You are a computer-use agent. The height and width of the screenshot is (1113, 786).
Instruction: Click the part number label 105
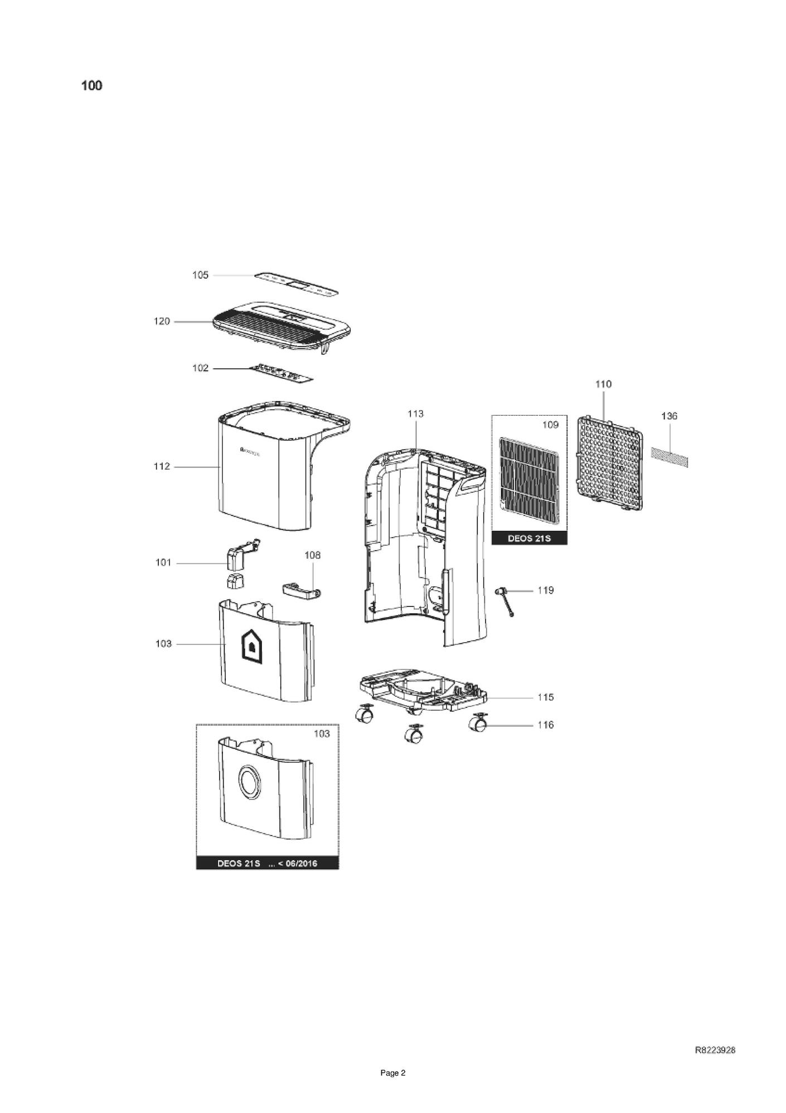[x=200, y=275]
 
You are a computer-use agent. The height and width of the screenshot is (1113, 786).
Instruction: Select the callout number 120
[x=162, y=321]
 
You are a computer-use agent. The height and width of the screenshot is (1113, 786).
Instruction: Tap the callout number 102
[x=200, y=368]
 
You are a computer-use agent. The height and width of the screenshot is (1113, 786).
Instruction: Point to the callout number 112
[x=162, y=466]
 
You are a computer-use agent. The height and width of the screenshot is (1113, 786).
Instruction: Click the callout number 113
[x=415, y=413]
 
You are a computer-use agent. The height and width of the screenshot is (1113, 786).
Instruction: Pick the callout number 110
[x=603, y=384]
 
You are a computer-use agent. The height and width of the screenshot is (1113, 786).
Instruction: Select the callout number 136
[x=669, y=416]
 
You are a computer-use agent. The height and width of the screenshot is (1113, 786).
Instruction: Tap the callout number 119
[x=546, y=590]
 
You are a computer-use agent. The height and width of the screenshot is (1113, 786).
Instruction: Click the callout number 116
[x=546, y=725]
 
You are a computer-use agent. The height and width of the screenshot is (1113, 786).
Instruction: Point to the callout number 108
[x=312, y=555]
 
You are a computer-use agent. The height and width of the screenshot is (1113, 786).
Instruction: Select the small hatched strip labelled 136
[x=669, y=456]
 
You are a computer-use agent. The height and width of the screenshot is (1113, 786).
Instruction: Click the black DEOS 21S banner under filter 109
[x=529, y=538]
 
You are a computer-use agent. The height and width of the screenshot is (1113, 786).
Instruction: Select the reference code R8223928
[x=715, y=1050]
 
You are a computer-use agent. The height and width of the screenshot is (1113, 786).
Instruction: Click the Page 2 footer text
[x=392, y=1073]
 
